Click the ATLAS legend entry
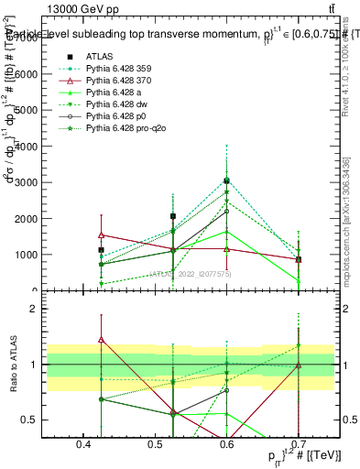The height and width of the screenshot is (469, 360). [99, 57]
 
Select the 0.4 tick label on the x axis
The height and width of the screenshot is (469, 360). [83, 445]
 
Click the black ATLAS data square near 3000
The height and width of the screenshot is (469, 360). [226, 180]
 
